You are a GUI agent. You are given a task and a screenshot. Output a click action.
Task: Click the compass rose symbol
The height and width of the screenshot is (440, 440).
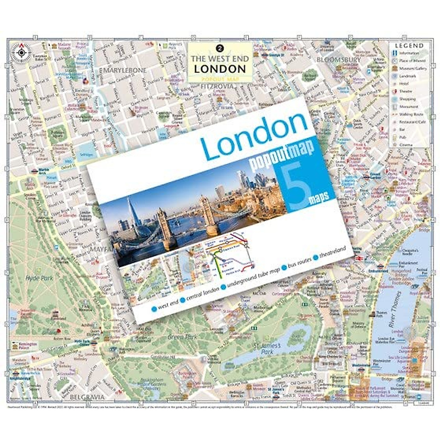[21, 52]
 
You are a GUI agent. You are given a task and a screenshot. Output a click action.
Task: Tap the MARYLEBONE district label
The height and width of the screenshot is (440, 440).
[125, 70]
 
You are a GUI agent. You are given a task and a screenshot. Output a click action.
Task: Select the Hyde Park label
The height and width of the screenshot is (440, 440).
[39, 278]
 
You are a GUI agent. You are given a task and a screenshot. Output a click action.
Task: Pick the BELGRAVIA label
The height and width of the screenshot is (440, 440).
[87, 397]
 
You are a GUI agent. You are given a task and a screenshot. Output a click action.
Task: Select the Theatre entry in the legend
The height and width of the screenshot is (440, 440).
[406, 91]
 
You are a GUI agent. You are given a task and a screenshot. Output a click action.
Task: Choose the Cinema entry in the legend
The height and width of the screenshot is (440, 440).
[406, 145]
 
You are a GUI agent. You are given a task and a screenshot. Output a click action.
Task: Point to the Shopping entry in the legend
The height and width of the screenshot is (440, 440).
[407, 99]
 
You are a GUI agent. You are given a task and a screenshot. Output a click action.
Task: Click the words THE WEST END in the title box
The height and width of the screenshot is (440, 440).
[220, 59]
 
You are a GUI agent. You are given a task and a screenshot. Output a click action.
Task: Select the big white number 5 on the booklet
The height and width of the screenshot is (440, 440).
[298, 183]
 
